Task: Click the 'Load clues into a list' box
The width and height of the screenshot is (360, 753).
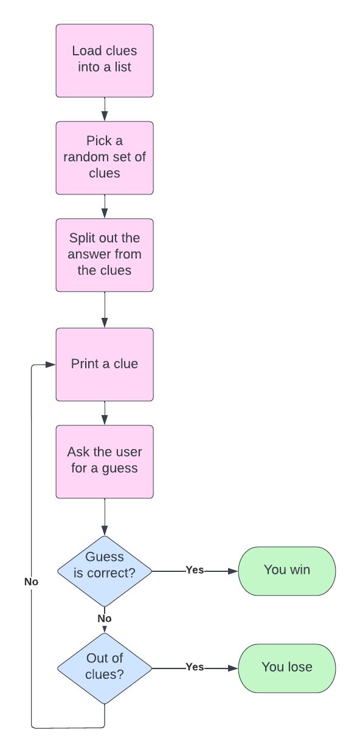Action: click(105, 60)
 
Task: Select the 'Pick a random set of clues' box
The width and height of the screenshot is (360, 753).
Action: click(105, 157)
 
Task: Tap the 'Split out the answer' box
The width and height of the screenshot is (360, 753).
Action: click(105, 255)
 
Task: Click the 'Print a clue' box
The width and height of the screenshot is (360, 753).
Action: click(105, 364)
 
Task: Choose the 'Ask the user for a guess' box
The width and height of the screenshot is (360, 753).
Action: click(105, 461)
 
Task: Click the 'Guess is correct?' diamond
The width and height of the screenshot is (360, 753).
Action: click(105, 571)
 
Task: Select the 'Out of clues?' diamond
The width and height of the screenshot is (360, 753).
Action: click(105, 668)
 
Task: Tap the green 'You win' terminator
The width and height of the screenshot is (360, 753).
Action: click(286, 571)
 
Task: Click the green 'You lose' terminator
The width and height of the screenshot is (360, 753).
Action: click(286, 667)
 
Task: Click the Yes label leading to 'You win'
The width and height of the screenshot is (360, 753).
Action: click(195, 571)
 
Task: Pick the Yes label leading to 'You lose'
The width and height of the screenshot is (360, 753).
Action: click(195, 667)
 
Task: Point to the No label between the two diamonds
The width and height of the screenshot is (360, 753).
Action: click(105, 619)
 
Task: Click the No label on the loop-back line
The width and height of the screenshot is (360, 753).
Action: click(31, 582)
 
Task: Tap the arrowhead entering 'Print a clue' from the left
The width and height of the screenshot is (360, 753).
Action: click(51, 365)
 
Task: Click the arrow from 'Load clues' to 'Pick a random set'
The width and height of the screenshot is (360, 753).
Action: click(105, 109)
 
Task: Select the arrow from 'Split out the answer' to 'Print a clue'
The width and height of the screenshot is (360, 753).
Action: click(105, 310)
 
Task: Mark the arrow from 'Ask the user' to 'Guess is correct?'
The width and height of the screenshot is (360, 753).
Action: click(105, 517)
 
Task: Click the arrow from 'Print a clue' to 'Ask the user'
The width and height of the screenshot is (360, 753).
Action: click(105, 413)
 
